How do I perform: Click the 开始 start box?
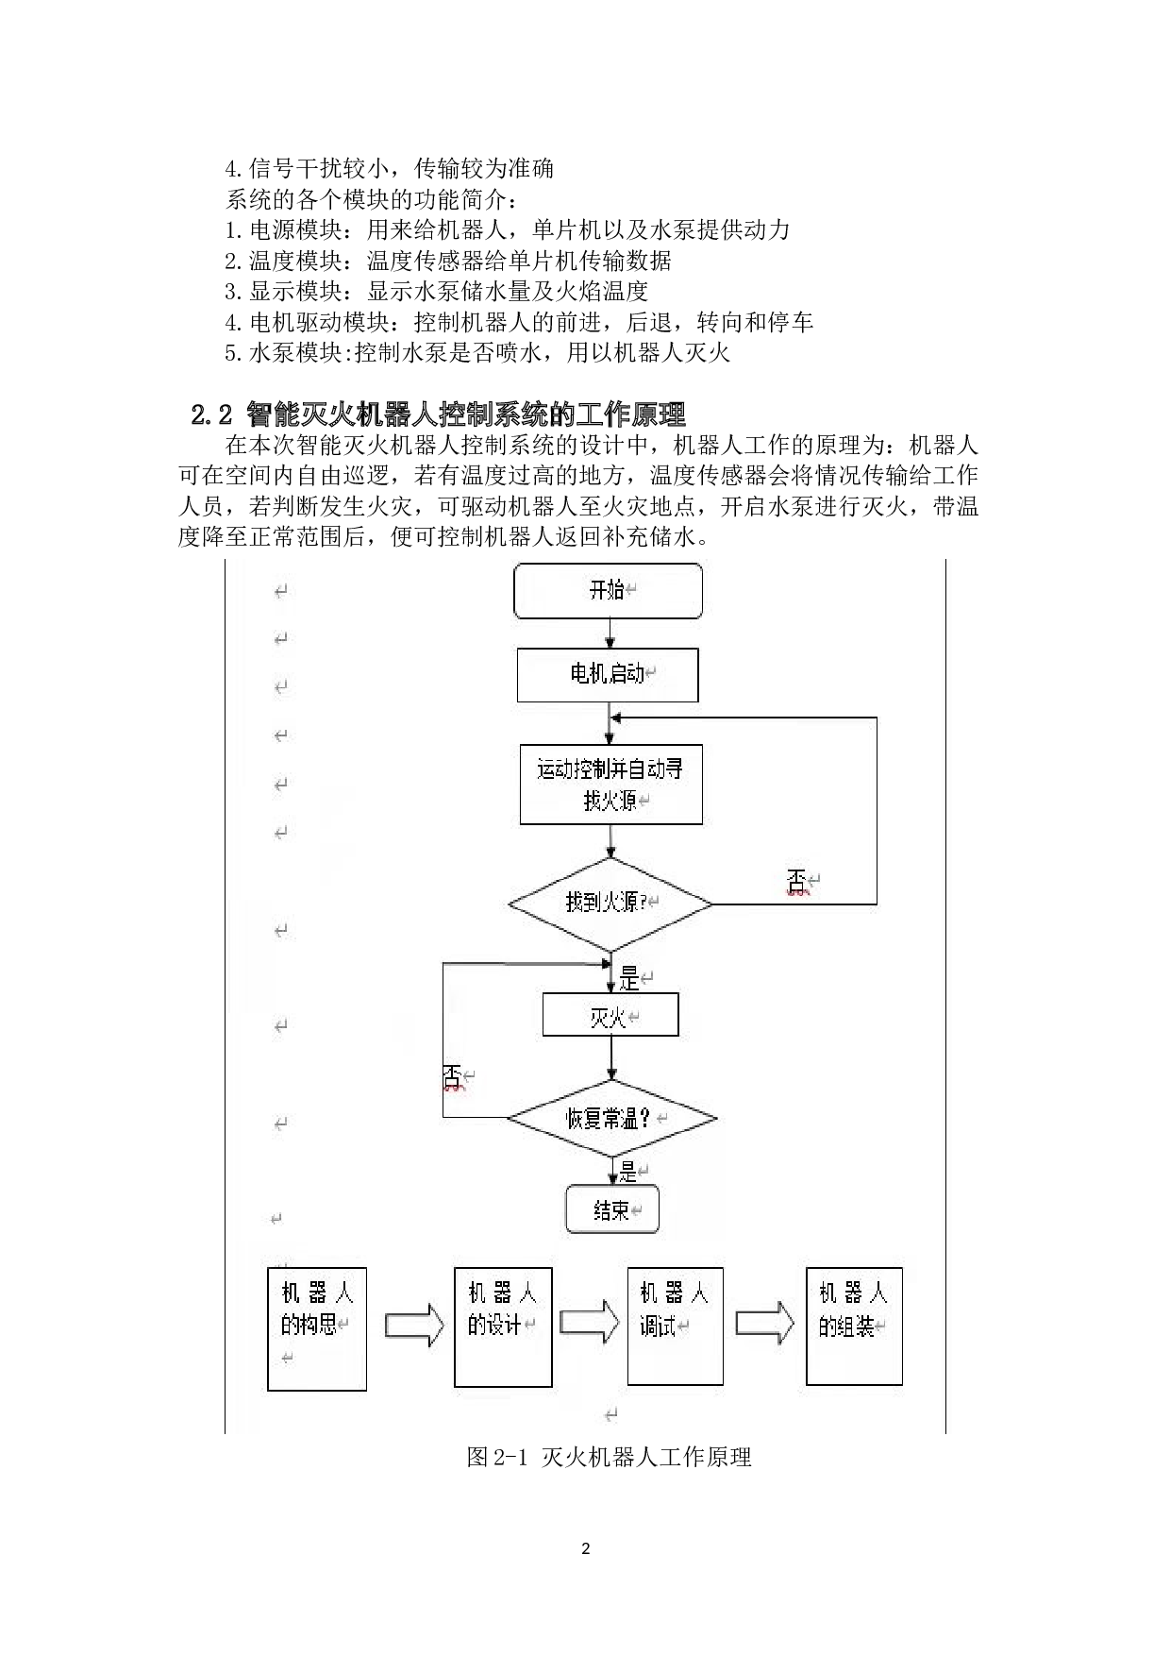click(608, 591)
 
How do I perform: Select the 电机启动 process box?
click(608, 674)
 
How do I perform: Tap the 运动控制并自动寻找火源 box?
click(610, 785)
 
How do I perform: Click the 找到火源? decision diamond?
click(610, 904)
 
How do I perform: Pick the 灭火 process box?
click(610, 1016)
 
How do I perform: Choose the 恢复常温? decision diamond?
click(611, 1119)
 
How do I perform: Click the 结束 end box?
click(612, 1209)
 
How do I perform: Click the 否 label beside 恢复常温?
click(453, 1076)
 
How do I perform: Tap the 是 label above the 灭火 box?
click(628, 978)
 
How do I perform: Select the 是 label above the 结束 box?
click(628, 1172)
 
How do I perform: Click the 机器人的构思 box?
click(317, 1328)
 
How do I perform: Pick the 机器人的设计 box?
click(503, 1326)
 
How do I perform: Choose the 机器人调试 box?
click(675, 1326)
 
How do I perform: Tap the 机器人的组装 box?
click(854, 1326)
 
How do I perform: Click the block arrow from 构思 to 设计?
click(414, 1326)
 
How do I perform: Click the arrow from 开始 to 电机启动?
click(610, 634)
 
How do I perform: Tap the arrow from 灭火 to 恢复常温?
click(611, 1058)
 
